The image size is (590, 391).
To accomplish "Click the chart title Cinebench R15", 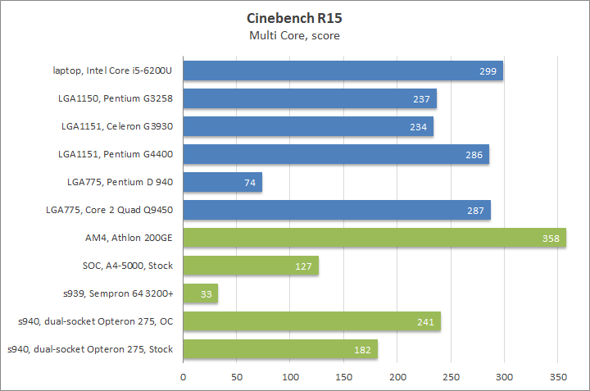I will pyautogui.click(x=294, y=18).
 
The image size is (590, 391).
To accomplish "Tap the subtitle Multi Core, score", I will pyautogui.click(x=294, y=35).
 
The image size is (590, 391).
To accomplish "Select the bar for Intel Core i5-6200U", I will pyautogui.click(x=343, y=70).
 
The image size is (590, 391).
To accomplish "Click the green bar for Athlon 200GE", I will pyautogui.click(x=374, y=238).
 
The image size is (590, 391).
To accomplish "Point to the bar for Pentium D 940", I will pyautogui.click(x=222, y=182).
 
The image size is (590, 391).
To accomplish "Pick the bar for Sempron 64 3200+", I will pyautogui.click(x=200, y=293).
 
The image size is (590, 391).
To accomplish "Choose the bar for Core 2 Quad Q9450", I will pyautogui.click(x=337, y=210).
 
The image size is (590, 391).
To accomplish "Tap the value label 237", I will pyautogui.click(x=422, y=99).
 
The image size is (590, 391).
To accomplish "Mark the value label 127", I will pyautogui.click(x=304, y=266).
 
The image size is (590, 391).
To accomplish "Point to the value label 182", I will pyautogui.click(x=363, y=350).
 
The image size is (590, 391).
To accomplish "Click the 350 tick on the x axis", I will pyautogui.click(x=557, y=377).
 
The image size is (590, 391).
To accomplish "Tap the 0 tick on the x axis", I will pyautogui.click(x=184, y=377).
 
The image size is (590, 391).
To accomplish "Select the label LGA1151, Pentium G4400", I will pyautogui.click(x=116, y=154).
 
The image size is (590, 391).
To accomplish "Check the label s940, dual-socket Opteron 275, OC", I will pyautogui.click(x=93, y=321).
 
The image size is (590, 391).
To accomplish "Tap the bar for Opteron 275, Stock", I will pyautogui.click(x=280, y=349).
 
